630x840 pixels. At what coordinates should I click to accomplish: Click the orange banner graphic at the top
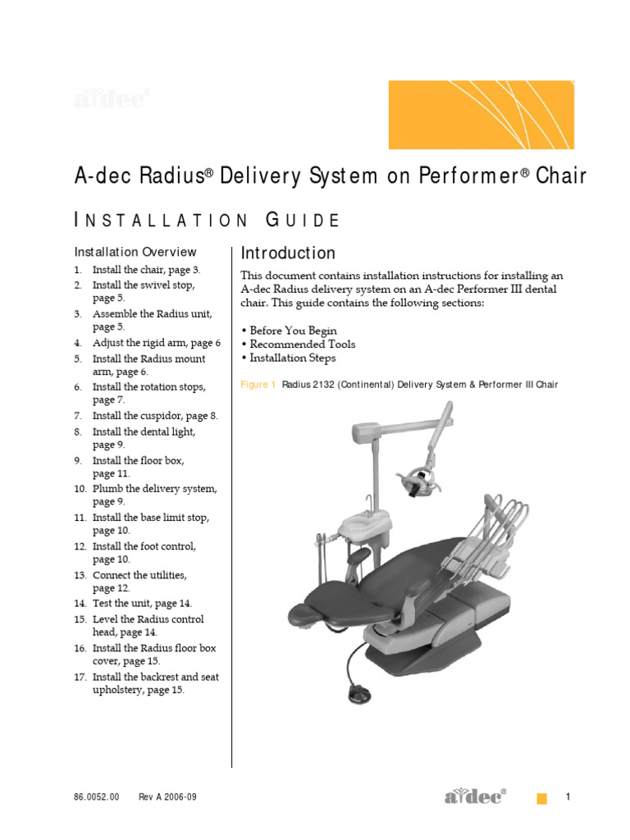coord(492,114)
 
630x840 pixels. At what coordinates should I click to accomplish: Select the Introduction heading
coord(287,253)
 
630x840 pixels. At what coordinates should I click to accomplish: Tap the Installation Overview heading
coord(135,252)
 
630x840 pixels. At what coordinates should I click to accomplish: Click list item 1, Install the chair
coord(146,270)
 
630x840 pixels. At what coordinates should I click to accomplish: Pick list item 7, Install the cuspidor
coord(154,416)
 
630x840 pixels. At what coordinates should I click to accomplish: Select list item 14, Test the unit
coord(142,603)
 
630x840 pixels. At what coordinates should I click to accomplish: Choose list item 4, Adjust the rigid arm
coord(156,343)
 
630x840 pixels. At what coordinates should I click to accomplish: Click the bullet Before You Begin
coord(289,330)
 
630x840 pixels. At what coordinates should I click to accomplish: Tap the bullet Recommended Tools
coord(298,345)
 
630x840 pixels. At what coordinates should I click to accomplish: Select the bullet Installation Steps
coord(288,358)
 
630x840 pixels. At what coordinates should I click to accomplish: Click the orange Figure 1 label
coord(258,385)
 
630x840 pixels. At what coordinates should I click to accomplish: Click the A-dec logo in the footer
coord(475,797)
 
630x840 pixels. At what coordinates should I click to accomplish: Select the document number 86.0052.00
coord(97,797)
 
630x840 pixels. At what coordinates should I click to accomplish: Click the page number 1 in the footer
coord(568,797)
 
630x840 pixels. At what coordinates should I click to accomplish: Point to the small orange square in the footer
coord(541,799)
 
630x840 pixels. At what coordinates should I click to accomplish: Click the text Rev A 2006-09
coord(167,797)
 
